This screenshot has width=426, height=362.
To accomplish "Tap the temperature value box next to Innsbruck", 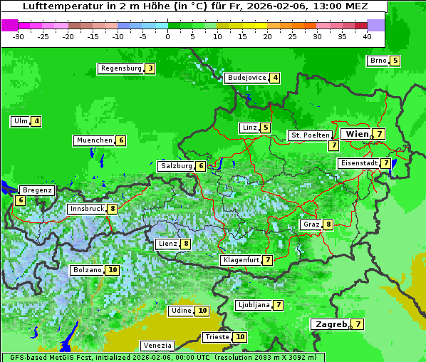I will pyautogui.click(x=113, y=209).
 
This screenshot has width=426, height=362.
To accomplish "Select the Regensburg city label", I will pyautogui.click(x=120, y=68).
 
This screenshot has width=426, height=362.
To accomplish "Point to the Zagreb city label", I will pyautogui.click(x=331, y=324).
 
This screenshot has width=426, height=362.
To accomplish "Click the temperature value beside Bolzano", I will pyautogui.click(x=113, y=270).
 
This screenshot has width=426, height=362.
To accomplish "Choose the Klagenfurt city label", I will pyautogui.click(x=241, y=260).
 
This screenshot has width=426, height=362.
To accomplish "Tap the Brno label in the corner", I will pyautogui.click(x=378, y=61).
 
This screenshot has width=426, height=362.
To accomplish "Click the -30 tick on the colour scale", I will pyautogui.click(x=19, y=36).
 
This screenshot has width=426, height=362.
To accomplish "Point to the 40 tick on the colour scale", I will pyautogui.click(x=367, y=36).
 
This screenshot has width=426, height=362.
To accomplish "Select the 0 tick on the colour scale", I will pyautogui.click(x=168, y=36).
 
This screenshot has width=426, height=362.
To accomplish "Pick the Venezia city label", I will pyautogui.click(x=157, y=346).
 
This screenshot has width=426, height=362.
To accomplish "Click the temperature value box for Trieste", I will pyautogui.click(x=240, y=337).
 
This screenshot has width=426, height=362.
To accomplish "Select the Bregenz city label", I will pyautogui.click(x=37, y=190).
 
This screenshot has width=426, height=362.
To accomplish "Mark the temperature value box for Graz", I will pyautogui.click(x=328, y=224).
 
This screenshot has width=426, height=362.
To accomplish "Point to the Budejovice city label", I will pyautogui.click(x=246, y=78).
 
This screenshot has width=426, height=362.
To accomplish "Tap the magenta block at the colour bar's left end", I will pyautogui.click(x=9, y=25).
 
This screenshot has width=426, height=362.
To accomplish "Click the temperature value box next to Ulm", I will pyautogui.click(x=36, y=121).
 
